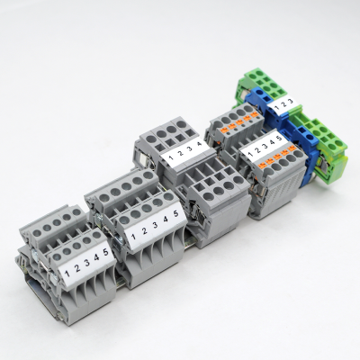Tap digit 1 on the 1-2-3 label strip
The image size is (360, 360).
pos(273,106)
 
